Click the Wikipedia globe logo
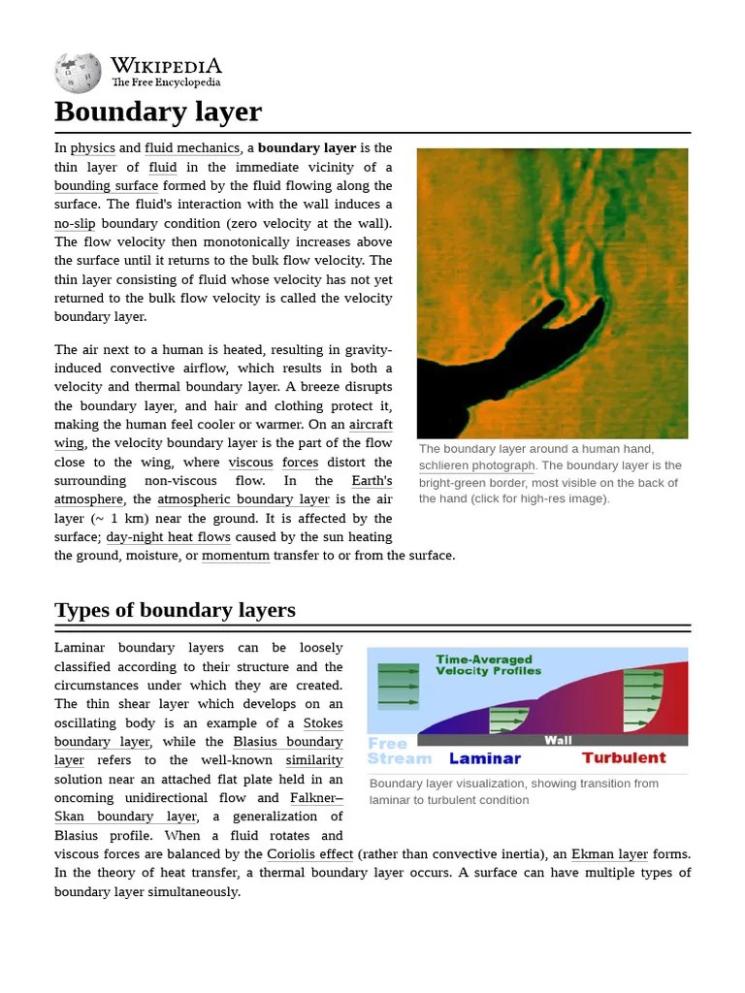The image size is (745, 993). [78, 72]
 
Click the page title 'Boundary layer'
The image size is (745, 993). [158, 112]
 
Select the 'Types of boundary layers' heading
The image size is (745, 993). [175, 610]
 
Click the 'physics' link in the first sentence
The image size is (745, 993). [92, 148]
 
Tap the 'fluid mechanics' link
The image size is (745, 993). [192, 148]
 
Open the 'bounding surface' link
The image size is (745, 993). [106, 186]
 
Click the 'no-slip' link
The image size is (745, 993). [75, 223]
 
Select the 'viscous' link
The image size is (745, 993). [250, 463]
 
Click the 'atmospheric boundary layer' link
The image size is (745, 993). [243, 499]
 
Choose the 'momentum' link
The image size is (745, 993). [236, 556]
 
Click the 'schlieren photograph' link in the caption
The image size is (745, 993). [476, 465]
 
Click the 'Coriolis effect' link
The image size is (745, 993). [310, 854]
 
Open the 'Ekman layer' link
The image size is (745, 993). [609, 854]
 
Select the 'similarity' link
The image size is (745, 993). [313, 760]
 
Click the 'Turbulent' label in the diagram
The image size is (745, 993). [624, 758]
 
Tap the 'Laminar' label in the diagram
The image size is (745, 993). [484, 758]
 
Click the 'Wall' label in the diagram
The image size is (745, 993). [558, 740]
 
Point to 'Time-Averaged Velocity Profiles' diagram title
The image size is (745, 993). [488, 664]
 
